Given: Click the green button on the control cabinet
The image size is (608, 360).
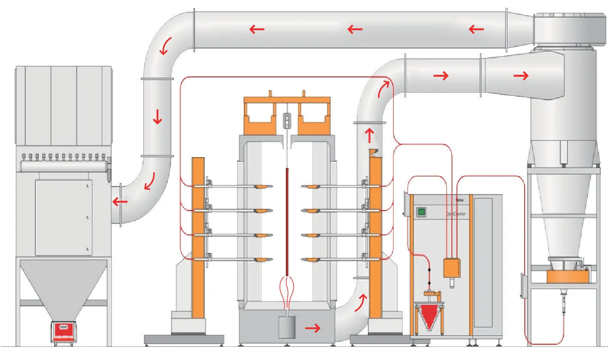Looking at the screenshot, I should point(421,211).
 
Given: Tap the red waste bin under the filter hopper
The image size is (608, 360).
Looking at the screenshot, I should point(64,332).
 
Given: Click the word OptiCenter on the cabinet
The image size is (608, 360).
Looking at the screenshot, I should point(456,213).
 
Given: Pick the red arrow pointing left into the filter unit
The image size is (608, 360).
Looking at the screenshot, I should point(120,201).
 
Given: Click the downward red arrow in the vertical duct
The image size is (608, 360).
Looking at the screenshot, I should point(157,117).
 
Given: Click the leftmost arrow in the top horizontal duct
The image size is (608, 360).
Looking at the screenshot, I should point(257,29).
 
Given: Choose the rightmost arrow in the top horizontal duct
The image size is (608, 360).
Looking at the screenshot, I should point(476,29).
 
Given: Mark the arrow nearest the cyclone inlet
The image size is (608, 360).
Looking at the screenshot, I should point(521,76).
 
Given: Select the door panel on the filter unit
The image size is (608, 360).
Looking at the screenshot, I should point(63,217).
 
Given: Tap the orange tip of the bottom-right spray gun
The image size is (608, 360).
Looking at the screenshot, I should point(310,259).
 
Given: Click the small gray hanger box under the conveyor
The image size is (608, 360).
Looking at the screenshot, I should point(286,121).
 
